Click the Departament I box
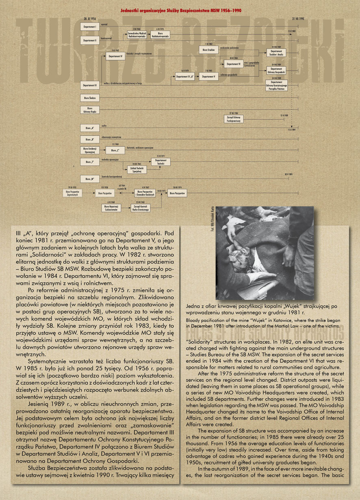click(90, 27)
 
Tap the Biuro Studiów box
click(208, 50)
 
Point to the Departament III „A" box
click(184, 76)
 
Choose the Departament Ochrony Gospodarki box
click(276, 71)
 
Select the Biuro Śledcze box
click(90, 97)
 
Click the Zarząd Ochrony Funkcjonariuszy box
click(234, 119)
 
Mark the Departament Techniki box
click(161, 162)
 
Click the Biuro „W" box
click(90, 178)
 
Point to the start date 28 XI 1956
click(90, 19)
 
